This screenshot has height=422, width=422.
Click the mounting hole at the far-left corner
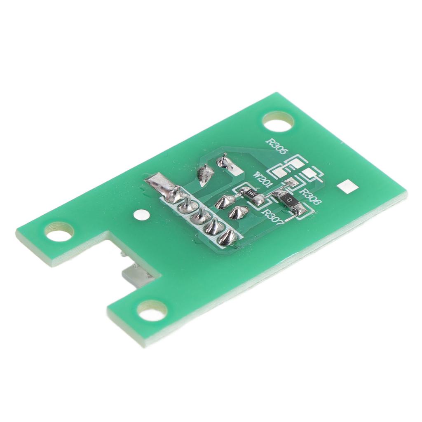click(x=60, y=233)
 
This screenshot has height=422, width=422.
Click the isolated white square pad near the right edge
click(x=347, y=187)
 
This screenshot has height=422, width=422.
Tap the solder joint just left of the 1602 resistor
click(x=225, y=201)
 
